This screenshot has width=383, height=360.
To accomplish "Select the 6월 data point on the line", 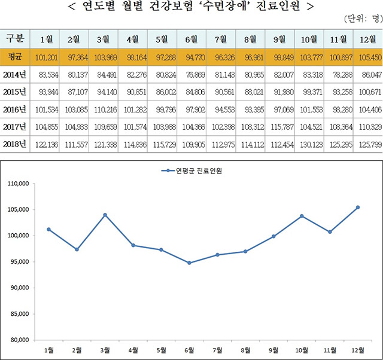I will pyautogui.click(x=189, y=263).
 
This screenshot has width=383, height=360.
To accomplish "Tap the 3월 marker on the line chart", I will pyautogui.click(x=105, y=215).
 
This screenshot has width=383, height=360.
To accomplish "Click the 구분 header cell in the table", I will pyautogui.click(x=15, y=39).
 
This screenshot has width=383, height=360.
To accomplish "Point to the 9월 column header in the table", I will pyautogui.click(x=280, y=39).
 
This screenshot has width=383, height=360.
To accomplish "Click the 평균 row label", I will pyautogui.click(x=15, y=59).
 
